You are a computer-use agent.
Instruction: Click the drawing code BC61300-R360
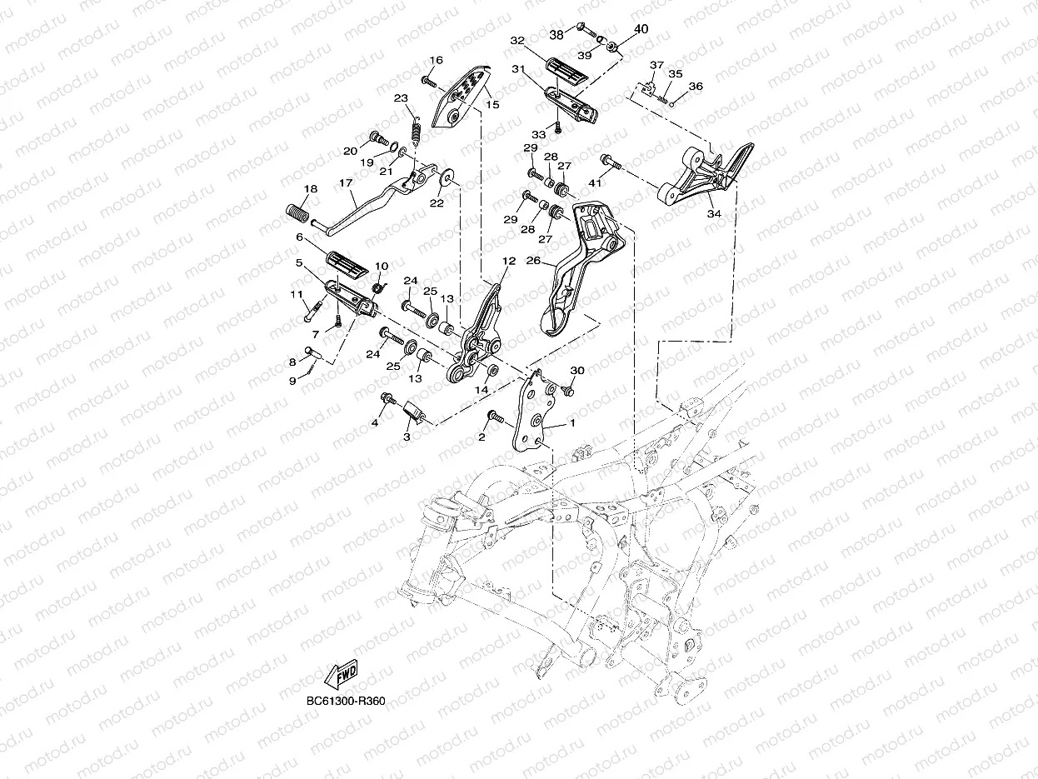(x=346, y=701)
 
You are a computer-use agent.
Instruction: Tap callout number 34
(x=714, y=214)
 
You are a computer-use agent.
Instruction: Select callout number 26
(x=533, y=261)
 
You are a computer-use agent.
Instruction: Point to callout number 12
(x=509, y=261)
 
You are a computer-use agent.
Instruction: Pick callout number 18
(x=310, y=190)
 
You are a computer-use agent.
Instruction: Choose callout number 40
(x=641, y=29)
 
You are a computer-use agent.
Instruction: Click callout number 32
(x=517, y=40)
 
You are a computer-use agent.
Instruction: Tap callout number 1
(x=572, y=423)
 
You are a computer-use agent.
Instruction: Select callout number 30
(x=577, y=371)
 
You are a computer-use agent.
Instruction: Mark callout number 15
(x=492, y=105)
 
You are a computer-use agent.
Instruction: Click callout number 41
(x=595, y=182)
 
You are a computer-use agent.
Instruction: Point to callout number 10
(x=382, y=267)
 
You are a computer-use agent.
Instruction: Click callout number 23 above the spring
(x=401, y=99)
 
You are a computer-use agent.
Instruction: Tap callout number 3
(x=407, y=436)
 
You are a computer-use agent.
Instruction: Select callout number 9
(x=292, y=380)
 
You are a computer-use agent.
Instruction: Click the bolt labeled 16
(x=427, y=81)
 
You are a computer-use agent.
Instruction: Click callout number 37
(x=656, y=66)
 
